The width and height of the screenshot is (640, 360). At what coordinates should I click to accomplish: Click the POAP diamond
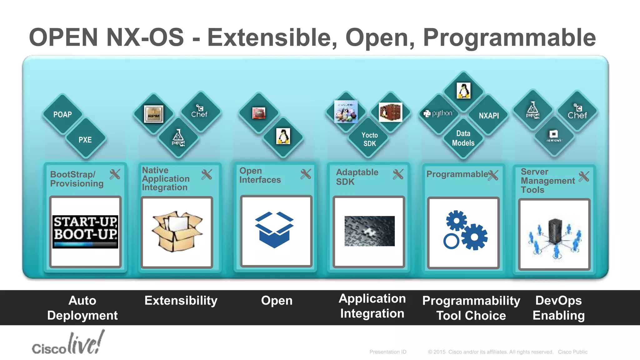(x=62, y=114)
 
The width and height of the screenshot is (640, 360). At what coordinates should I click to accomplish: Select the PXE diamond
(x=85, y=140)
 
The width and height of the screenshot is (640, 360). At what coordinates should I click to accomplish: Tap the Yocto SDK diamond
(x=369, y=139)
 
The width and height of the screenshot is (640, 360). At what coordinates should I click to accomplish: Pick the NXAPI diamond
(x=488, y=116)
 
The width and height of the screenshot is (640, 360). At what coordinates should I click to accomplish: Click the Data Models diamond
(x=463, y=138)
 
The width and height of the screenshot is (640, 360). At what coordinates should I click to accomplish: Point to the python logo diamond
(x=438, y=114)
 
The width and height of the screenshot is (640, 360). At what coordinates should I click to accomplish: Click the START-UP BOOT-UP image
(x=85, y=232)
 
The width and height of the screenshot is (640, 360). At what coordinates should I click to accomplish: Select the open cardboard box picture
(x=177, y=232)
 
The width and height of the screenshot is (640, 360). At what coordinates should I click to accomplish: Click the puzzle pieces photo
(x=369, y=231)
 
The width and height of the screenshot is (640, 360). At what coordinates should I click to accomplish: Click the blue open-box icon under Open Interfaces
(x=275, y=230)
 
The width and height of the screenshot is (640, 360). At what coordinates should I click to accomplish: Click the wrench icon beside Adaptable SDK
(x=398, y=174)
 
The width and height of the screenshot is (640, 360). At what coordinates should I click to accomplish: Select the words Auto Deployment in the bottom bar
(x=82, y=308)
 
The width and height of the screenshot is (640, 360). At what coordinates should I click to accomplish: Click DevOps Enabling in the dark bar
(x=558, y=308)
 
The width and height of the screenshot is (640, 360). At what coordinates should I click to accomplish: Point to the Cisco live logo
(x=68, y=344)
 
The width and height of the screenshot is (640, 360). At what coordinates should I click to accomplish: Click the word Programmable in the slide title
(x=509, y=37)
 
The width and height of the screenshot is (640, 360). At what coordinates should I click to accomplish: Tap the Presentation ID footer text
(x=388, y=352)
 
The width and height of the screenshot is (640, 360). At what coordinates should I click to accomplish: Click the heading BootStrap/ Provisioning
(x=77, y=179)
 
